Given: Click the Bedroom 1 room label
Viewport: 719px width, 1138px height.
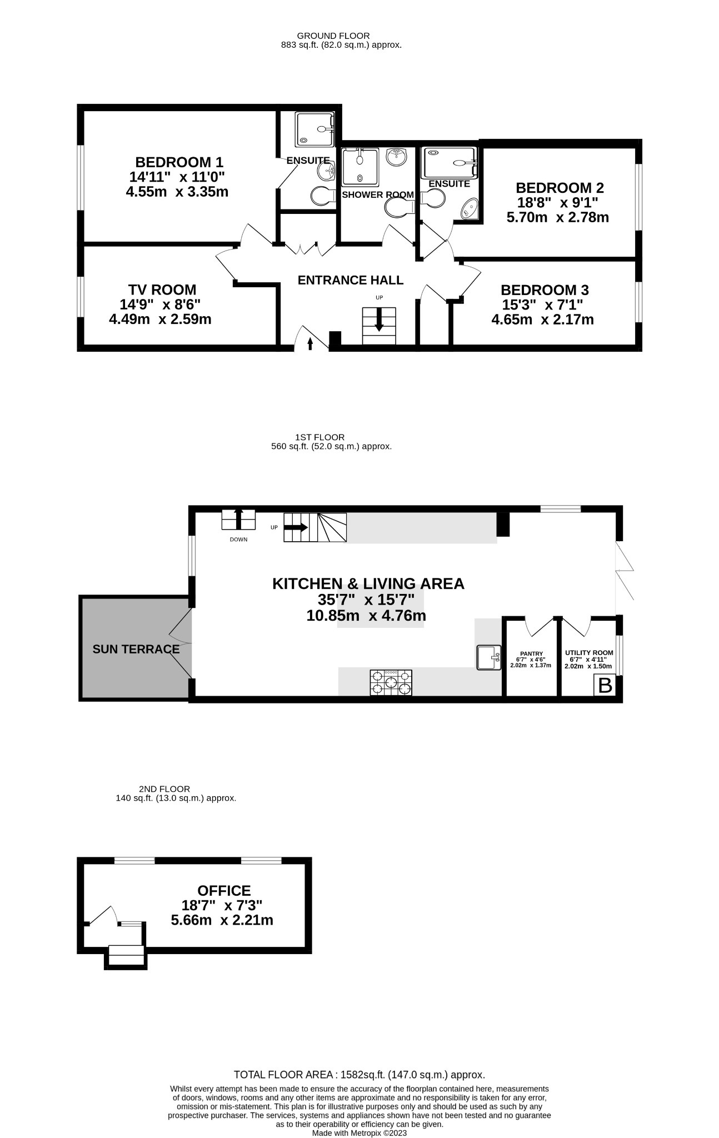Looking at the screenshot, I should tap(179, 162).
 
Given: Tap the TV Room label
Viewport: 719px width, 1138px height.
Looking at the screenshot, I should tap(162, 290).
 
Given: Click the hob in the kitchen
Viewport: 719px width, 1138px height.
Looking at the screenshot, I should tap(391, 682).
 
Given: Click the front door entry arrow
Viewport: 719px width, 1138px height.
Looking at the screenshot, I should tap(310, 344).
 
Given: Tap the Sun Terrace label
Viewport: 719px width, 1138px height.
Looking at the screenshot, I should tap(136, 649).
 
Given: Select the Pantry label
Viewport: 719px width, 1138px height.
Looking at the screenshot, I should tap(531, 653).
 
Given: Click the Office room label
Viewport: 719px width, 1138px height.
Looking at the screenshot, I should tap(224, 891).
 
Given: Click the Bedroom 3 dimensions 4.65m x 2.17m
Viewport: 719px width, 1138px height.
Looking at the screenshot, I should tap(542, 320).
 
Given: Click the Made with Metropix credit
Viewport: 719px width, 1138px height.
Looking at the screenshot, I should tap(359, 1132).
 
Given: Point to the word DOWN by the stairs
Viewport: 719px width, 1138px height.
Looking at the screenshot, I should tap(238, 540).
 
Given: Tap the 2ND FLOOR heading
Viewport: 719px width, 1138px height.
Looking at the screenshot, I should tap(164, 788).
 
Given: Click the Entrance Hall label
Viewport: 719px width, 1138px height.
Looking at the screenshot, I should tap(350, 280).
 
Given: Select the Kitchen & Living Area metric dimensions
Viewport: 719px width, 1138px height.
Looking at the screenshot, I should tap(366, 616).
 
